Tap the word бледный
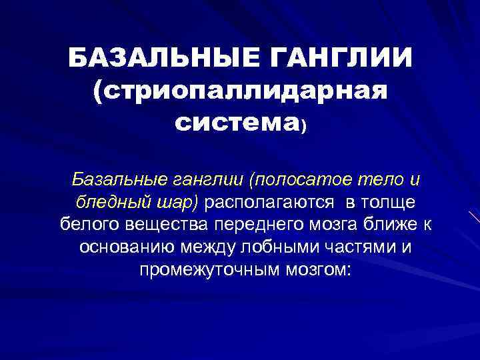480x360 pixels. point(105,202)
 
